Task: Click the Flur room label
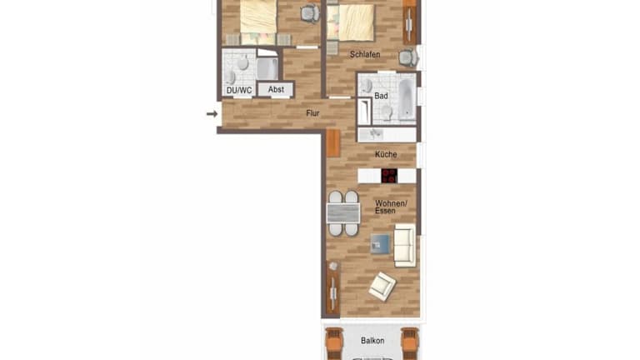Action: click(312, 113)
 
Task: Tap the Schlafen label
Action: click(365, 54)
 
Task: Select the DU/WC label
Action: click(239, 90)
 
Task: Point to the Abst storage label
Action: click(276, 89)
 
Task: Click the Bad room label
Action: click(381, 96)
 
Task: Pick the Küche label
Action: click(386, 154)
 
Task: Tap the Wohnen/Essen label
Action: click(391, 207)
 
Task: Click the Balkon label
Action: click(372, 340)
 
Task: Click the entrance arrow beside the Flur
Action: click(212, 114)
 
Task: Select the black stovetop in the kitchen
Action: click(389, 176)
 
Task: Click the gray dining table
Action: click(343, 212)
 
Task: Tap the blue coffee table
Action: click(380, 243)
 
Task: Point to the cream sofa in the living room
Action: click(404, 245)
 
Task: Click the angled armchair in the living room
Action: click(382, 286)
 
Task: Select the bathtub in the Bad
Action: click(407, 99)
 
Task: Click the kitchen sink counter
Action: click(387, 135)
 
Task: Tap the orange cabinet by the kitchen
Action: click(333, 143)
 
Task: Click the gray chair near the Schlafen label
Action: click(407, 58)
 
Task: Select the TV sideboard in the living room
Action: click(333, 288)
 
